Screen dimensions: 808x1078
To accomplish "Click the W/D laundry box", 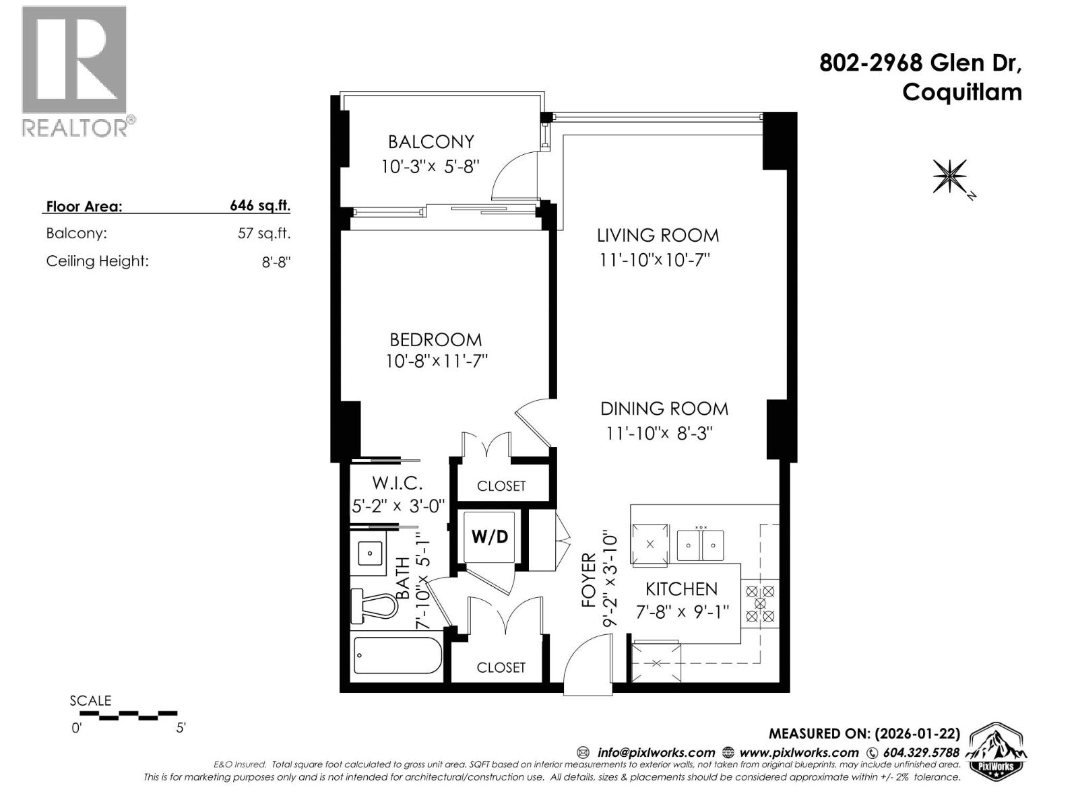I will (x=490, y=537).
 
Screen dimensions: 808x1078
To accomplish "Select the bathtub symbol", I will (x=398, y=655).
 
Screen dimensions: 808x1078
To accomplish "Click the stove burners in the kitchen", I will (x=760, y=603).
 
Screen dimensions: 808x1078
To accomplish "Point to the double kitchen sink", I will (x=701, y=543).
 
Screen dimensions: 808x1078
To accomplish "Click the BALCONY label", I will (x=431, y=141).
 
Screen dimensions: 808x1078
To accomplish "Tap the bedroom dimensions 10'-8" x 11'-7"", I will (x=436, y=362).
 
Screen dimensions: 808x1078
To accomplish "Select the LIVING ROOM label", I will (x=658, y=235).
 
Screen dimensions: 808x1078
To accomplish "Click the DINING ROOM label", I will (x=664, y=409).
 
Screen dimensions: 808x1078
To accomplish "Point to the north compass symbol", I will (x=951, y=176).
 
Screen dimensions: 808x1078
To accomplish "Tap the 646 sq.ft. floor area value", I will (x=260, y=206).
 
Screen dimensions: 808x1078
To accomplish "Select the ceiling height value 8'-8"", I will (x=276, y=262).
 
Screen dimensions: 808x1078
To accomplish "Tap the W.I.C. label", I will (x=398, y=483).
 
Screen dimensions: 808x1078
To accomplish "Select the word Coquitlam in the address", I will (x=961, y=92).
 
